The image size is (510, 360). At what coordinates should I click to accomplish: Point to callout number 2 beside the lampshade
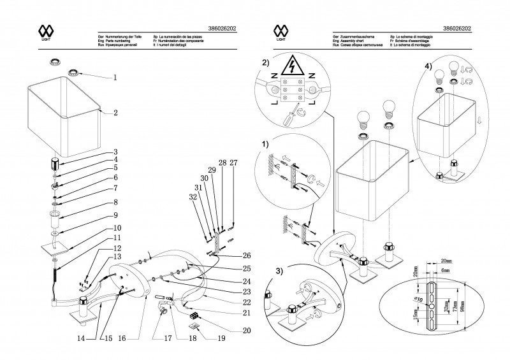pyautogui.click(x=115, y=113)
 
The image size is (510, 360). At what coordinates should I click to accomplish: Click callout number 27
pyautogui.click(x=233, y=163)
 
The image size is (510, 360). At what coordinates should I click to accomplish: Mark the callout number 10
pyautogui.click(x=117, y=227)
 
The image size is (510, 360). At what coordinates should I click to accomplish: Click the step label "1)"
pyautogui.click(x=265, y=145)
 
